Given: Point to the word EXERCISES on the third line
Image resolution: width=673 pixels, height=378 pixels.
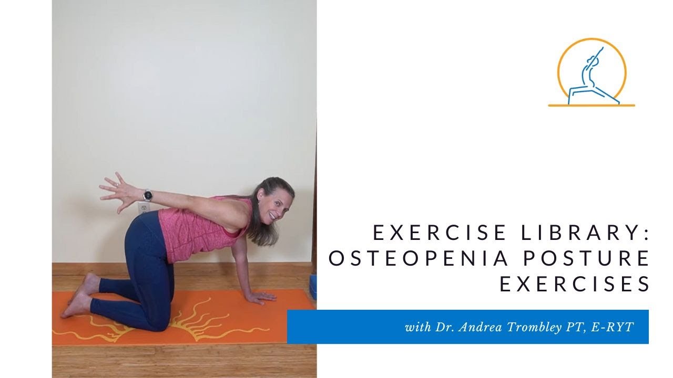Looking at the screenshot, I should pyautogui.click(x=574, y=284).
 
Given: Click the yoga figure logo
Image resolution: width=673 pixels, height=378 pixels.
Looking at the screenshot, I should pyautogui.click(x=592, y=72).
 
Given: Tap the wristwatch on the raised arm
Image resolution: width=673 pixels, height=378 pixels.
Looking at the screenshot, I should pyautogui.click(x=148, y=195).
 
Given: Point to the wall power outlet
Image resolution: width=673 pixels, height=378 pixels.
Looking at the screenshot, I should pyautogui.click(x=144, y=208).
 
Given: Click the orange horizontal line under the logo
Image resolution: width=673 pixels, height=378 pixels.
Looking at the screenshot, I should pyautogui.click(x=592, y=106).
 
